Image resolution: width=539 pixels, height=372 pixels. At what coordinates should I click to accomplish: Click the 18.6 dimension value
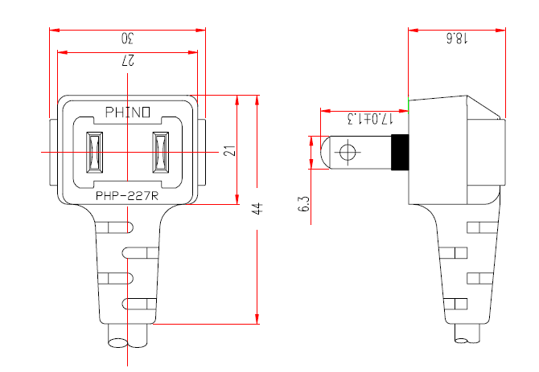[x=456, y=39]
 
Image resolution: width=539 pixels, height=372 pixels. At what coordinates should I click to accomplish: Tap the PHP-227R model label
[x=126, y=194]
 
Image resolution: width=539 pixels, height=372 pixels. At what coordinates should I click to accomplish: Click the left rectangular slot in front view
[x=94, y=152]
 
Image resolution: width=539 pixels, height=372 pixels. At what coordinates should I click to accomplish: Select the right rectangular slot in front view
[x=159, y=152]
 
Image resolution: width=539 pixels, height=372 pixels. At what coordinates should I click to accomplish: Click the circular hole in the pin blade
[x=348, y=153]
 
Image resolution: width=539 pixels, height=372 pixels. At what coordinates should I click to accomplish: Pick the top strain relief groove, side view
[x=456, y=227]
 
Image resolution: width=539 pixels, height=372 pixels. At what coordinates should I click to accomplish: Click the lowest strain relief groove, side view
[x=456, y=304]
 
